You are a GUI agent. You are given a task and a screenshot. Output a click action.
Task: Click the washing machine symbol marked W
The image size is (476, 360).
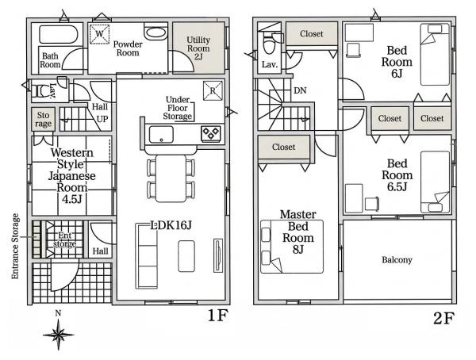(99, 33)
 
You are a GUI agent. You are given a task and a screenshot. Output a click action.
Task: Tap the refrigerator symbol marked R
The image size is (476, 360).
(213, 90)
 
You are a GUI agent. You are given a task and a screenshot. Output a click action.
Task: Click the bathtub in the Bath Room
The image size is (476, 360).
(59, 34)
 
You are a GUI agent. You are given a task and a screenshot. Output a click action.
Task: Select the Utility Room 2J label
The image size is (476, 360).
(198, 48)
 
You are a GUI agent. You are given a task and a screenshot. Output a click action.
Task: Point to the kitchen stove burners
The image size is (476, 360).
(211, 133)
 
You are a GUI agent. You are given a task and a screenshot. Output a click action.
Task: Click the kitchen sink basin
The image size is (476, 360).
(161, 134)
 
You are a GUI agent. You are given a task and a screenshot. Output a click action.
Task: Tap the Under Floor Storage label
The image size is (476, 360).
(178, 108)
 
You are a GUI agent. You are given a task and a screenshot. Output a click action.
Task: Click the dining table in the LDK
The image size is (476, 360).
(171, 178)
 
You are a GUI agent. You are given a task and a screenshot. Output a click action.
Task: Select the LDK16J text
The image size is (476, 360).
(171, 225)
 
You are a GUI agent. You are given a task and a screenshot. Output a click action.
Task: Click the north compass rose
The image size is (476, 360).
(58, 335)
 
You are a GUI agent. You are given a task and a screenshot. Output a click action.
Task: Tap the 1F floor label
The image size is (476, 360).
(217, 316)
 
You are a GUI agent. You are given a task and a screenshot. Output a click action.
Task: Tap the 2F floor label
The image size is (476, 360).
(443, 318)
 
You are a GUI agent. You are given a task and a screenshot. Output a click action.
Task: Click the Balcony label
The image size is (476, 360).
(397, 260)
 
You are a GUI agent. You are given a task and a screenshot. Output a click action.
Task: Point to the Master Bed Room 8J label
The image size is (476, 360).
(298, 232)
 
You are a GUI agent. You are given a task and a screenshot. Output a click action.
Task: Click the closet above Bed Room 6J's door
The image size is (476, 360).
(312, 33)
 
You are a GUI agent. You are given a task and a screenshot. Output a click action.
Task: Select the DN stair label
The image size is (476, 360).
(300, 90)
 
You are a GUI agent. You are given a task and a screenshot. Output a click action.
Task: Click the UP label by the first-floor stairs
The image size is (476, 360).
(102, 119)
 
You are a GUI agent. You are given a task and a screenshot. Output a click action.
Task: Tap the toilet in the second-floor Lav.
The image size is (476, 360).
(269, 45)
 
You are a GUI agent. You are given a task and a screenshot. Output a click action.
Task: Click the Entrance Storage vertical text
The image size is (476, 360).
(15, 246)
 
